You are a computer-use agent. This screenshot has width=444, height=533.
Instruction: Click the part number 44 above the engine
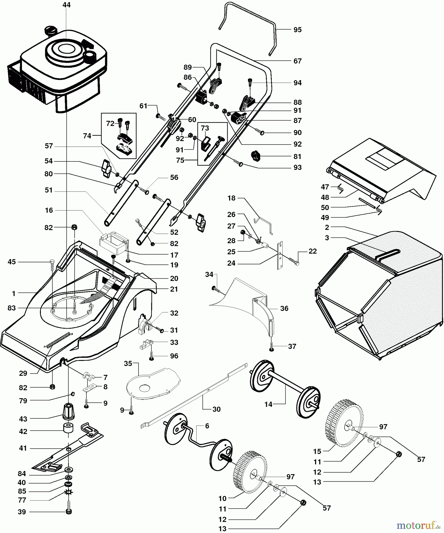67,5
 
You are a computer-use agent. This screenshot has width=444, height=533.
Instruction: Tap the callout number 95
297,30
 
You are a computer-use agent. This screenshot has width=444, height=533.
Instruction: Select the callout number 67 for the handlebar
297,61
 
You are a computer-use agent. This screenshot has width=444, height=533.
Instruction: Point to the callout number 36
284,309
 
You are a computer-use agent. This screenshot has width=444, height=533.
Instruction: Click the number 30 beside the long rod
217,409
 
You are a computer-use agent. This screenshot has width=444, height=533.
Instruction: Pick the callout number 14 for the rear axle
268,404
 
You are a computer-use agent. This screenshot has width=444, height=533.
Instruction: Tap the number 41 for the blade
23,448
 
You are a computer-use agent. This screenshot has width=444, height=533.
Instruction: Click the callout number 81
297,157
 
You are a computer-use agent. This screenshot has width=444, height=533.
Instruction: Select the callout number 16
49,210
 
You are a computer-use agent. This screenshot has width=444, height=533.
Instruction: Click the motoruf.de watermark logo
417,525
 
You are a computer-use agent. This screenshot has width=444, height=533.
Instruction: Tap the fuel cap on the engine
51,30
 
